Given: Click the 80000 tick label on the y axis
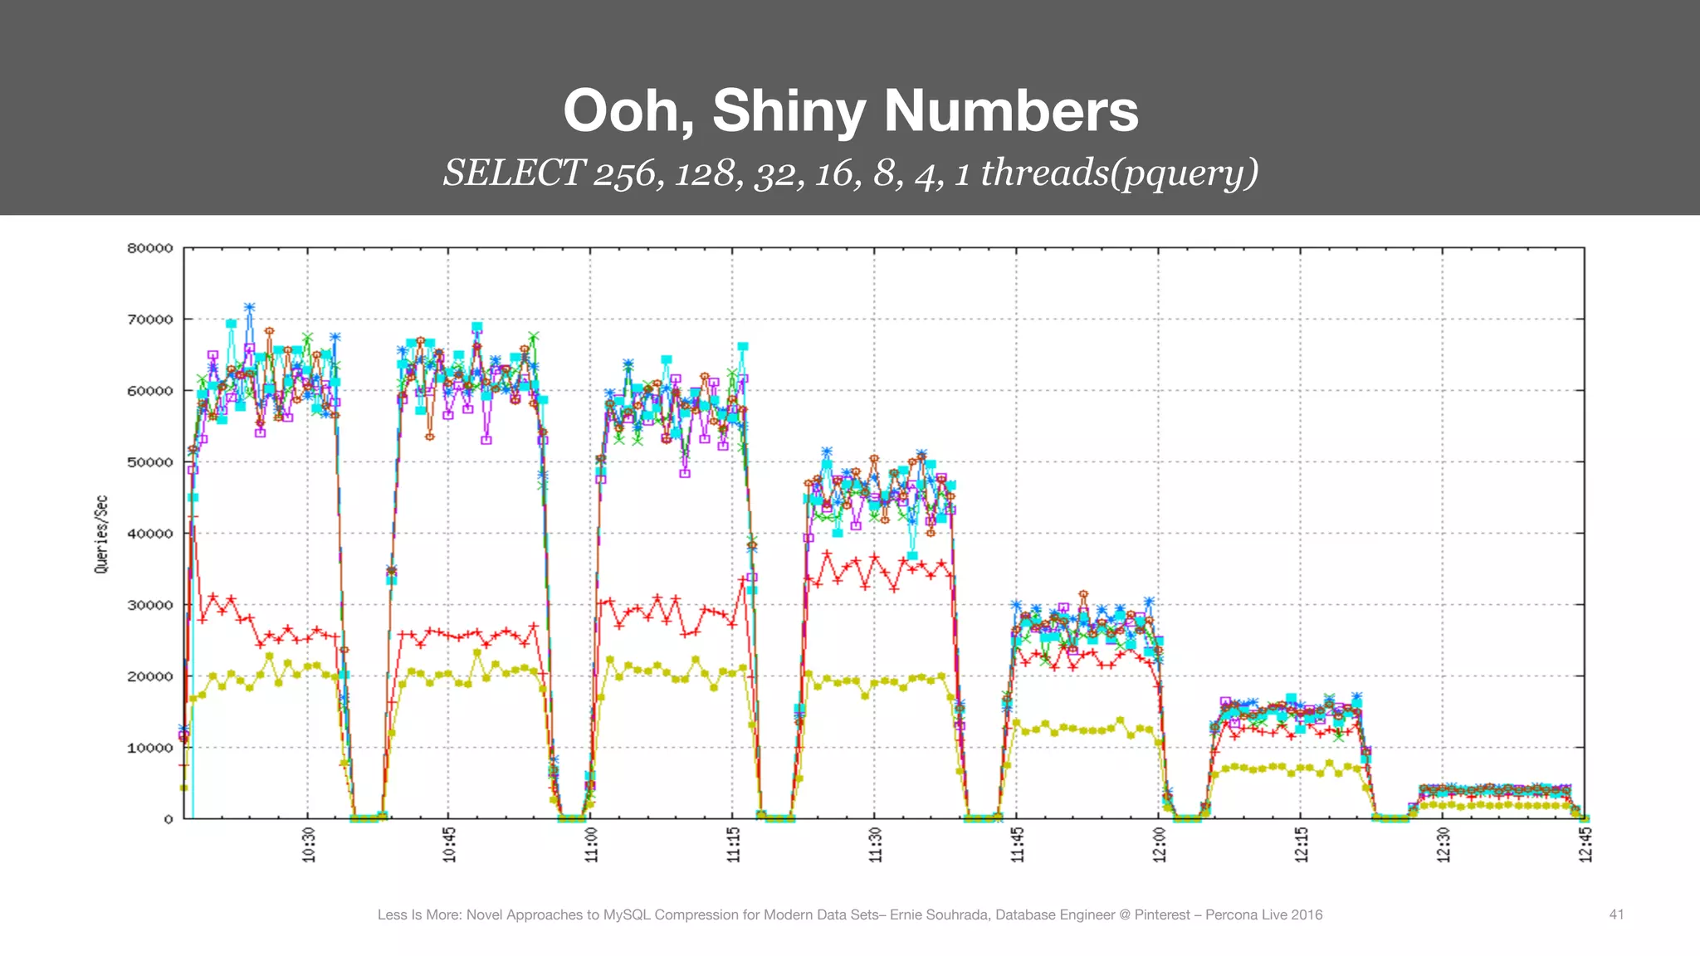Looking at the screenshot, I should tap(149, 248).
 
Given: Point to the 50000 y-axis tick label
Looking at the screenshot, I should tap(149, 462).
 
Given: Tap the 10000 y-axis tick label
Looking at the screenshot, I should tap(149, 748).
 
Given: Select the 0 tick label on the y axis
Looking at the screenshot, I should tap(169, 819).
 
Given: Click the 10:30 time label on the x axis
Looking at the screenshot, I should tap(309, 845).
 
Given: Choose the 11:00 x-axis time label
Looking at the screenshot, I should tap(592, 845).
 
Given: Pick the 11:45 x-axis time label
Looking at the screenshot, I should tap(1017, 845).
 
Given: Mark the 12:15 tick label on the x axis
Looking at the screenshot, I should tap(1301, 845).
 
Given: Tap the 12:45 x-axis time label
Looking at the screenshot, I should tap(1585, 845).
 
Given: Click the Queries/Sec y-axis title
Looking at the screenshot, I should tap(101, 534).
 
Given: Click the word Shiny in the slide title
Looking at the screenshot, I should tap(789, 111).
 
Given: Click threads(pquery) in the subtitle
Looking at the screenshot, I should tap(1120, 173).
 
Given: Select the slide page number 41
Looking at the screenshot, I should tap(1616, 915).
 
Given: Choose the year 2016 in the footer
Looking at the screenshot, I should tap(1307, 915).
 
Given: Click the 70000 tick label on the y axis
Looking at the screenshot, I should tap(149, 319).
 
